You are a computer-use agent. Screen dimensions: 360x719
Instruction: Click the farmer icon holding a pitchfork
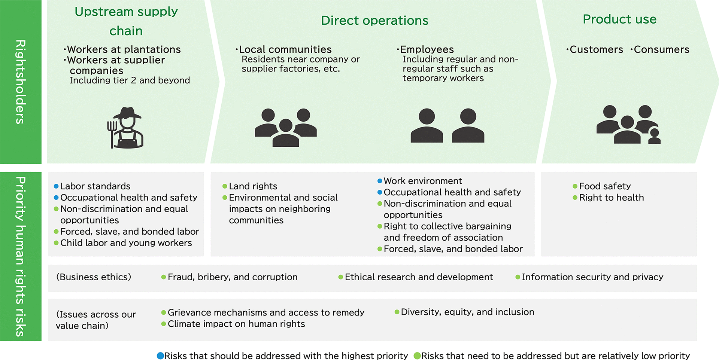pyautogui.click(x=125, y=128)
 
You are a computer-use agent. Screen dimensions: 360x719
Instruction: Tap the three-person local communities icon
pyautogui.click(x=286, y=128)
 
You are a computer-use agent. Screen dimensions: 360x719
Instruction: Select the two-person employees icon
pyautogui.click(x=447, y=126)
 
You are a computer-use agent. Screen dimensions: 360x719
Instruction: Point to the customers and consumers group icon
pyautogui.click(x=628, y=125)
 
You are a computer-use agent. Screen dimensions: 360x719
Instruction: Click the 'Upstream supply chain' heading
pyautogui.click(x=126, y=21)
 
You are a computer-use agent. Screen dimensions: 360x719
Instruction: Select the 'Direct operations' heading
pyautogui.click(x=374, y=20)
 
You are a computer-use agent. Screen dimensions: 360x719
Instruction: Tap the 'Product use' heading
pyautogui.click(x=619, y=19)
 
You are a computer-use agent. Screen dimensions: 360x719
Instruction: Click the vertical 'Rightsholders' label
pyautogui.click(x=21, y=82)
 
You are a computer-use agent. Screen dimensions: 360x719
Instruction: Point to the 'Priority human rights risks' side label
pyautogui.click(x=21, y=256)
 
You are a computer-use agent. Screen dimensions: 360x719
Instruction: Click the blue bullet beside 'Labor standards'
pyautogui.click(x=56, y=186)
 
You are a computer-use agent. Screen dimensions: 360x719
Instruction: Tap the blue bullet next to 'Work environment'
pyautogui.click(x=380, y=181)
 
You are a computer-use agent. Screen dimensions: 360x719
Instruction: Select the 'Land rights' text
pyautogui.click(x=253, y=186)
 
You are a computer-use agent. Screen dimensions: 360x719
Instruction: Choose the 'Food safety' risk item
pyautogui.click(x=605, y=186)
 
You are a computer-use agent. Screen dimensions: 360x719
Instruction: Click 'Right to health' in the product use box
pyautogui.click(x=611, y=198)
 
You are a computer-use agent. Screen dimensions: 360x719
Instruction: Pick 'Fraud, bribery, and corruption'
pyautogui.click(x=232, y=277)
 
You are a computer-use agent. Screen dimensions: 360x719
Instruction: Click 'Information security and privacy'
pyautogui.click(x=592, y=277)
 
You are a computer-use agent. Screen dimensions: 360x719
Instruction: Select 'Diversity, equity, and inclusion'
pyautogui.click(x=467, y=312)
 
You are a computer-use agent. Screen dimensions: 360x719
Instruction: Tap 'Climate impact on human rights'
pyautogui.click(x=236, y=324)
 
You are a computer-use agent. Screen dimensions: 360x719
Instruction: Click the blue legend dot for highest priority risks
pyautogui.click(x=160, y=356)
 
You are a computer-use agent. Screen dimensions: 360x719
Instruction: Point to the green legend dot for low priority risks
pyautogui.click(x=417, y=356)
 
